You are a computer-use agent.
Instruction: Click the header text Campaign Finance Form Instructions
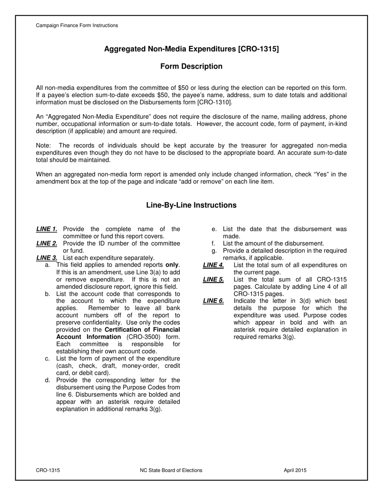[77, 25]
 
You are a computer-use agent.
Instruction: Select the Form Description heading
[191, 66]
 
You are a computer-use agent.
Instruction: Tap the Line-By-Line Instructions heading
[191, 205]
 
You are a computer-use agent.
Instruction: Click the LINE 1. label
[47, 229]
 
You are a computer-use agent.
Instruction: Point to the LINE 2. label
[47, 243]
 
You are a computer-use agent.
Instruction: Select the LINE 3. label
[47, 258]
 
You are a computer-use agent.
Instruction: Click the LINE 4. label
[213, 265]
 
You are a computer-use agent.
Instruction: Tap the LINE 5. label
[213, 279]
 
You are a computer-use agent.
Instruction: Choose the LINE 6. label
[213, 301]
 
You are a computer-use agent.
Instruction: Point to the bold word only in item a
[172, 265]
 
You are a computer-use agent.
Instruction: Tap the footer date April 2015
[295, 470]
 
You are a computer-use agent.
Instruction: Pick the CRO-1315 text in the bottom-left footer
[48, 470]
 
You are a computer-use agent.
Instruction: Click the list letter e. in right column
[214, 229]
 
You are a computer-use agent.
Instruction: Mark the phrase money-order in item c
[131, 366]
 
